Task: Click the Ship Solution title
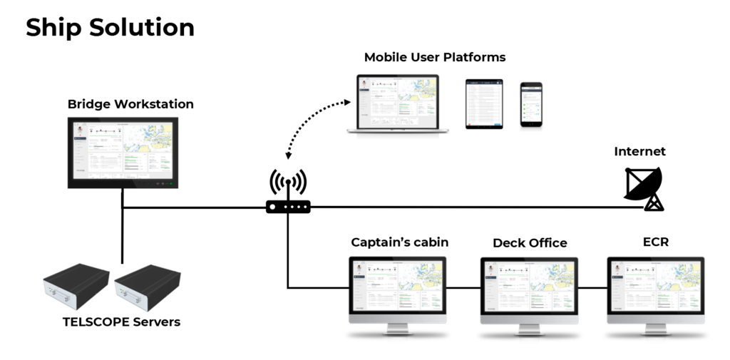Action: point(110,28)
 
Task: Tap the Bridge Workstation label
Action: point(130,104)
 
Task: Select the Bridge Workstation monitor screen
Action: point(123,152)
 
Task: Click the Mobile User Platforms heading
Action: point(435,57)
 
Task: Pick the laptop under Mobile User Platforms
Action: point(398,104)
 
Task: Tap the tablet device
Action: point(484,104)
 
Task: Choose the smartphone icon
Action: point(530,105)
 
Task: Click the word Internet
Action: point(639,151)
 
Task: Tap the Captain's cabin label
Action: point(399,242)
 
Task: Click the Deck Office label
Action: point(530,243)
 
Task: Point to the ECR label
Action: point(655,242)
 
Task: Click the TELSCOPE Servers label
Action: point(121,322)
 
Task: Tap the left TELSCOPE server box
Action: point(76,285)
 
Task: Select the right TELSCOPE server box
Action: point(147,286)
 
